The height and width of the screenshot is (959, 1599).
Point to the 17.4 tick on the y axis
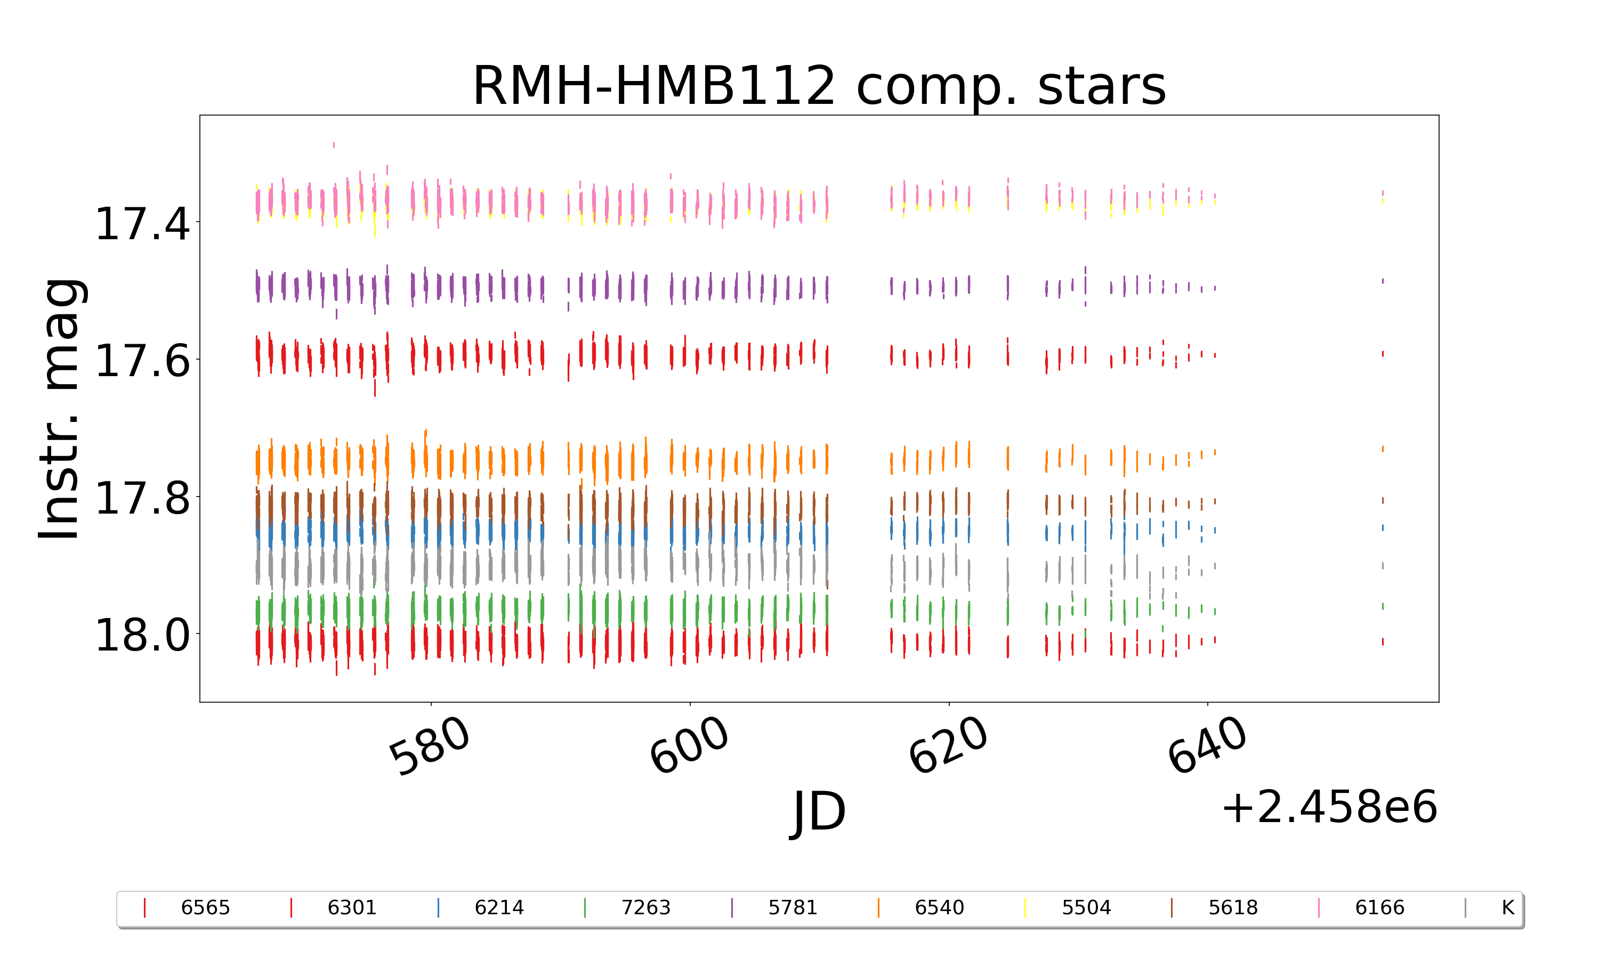(x=142, y=224)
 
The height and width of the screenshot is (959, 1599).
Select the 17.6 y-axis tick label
(x=142, y=361)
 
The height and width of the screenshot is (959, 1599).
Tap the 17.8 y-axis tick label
(x=142, y=498)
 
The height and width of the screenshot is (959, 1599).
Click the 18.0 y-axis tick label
(x=142, y=635)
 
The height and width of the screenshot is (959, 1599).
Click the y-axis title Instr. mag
(x=60, y=409)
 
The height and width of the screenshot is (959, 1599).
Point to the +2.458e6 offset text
(x=1329, y=807)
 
